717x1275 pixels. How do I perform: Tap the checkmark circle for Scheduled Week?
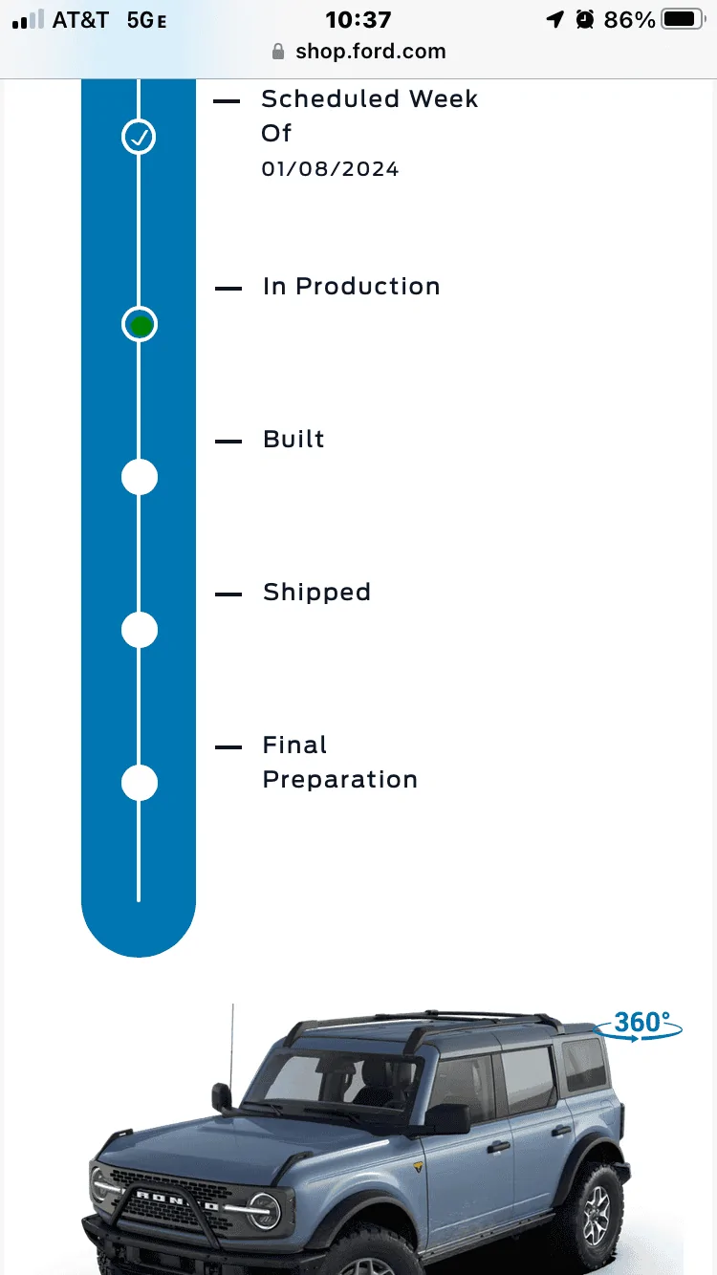point(139,137)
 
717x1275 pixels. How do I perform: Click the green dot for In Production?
point(141,325)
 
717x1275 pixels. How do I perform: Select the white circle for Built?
point(140,477)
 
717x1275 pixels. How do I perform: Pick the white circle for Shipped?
point(140,630)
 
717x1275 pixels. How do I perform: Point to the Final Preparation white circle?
point(140,783)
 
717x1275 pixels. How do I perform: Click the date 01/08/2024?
point(330,169)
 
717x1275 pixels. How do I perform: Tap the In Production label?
point(352,287)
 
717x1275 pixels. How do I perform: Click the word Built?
point(293,439)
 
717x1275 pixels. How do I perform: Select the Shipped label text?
point(316,593)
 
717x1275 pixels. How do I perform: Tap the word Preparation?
point(340,780)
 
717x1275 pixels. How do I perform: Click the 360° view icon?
point(638,1026)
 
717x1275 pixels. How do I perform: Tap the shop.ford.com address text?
point(370,52)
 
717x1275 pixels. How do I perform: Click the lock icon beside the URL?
point(278,52)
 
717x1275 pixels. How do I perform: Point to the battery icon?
point(684,19)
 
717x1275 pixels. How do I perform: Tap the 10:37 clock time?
point(358,20)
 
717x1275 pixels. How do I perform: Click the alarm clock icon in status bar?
point(584,19)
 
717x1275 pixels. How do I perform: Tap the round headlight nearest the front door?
point(264,1210)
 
